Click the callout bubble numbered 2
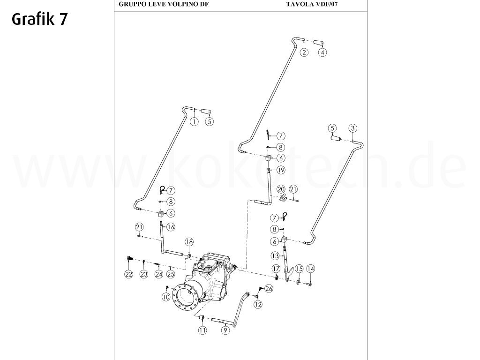coord(304,52)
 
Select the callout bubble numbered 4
coord(322,52)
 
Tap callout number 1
coord(194,121)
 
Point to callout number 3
coord(353,128)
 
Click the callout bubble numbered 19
coord(281,170)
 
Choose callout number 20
coord(281,189)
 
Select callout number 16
coord(171,227)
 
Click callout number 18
coord(188,242)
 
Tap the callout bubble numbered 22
coord(128,274)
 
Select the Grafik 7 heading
coord(39,19)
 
